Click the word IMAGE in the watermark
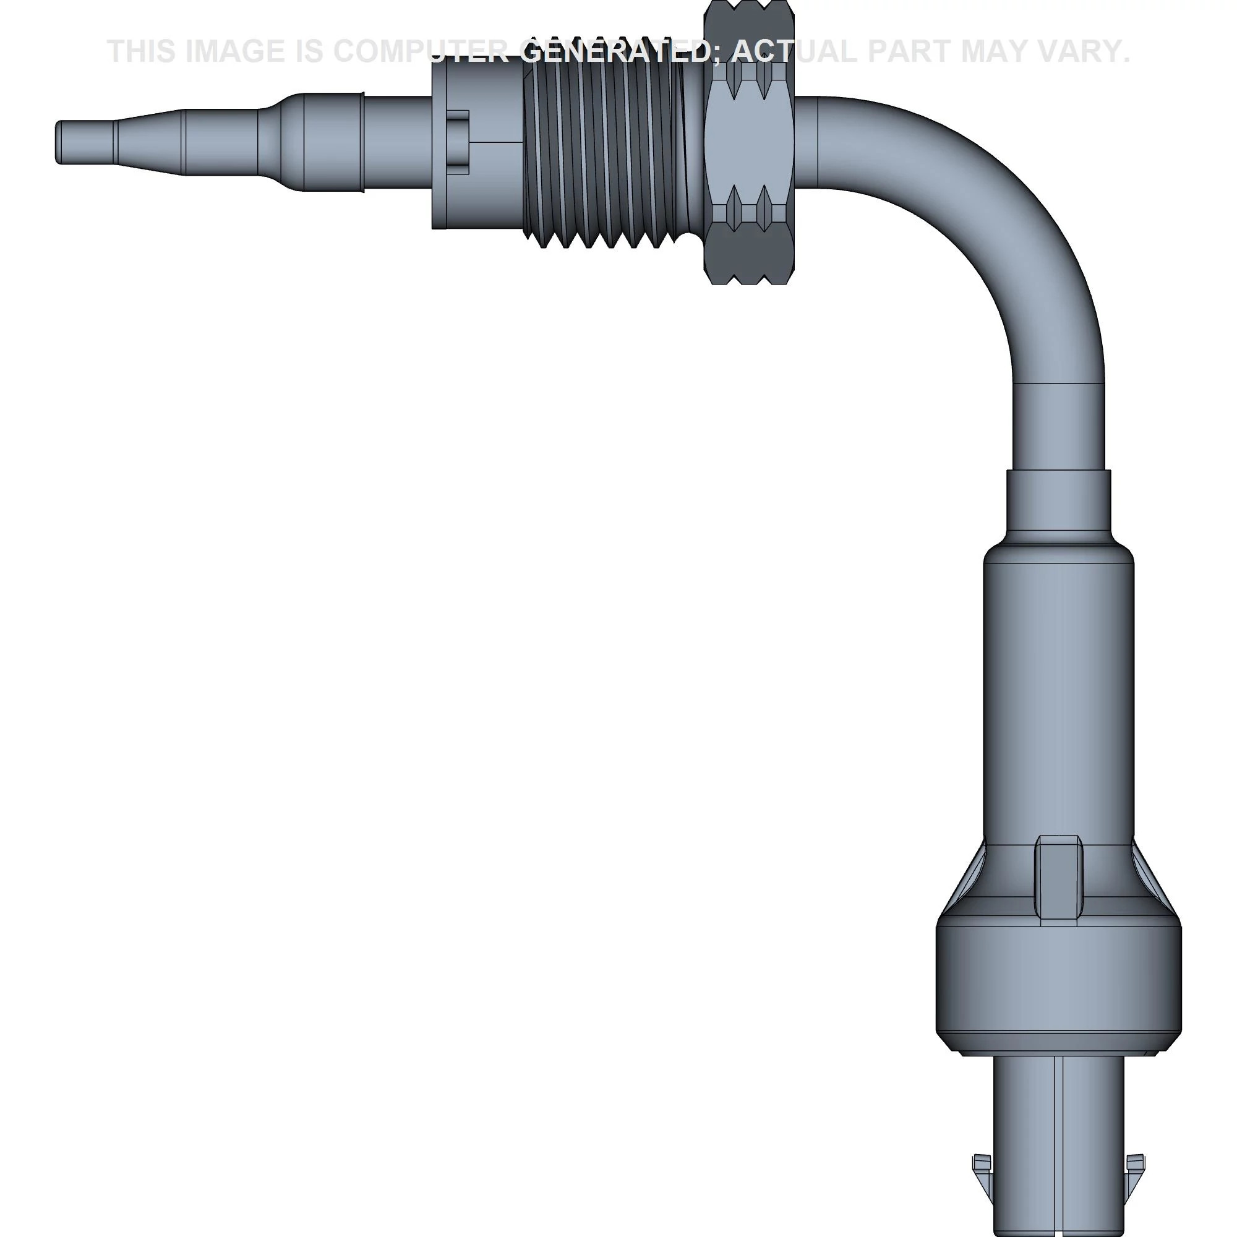coord(234,51)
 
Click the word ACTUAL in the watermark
coord(794,51)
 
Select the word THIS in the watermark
coord(141,51)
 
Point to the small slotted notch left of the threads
coord(458,142)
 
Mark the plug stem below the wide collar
coord(1058,1140)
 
